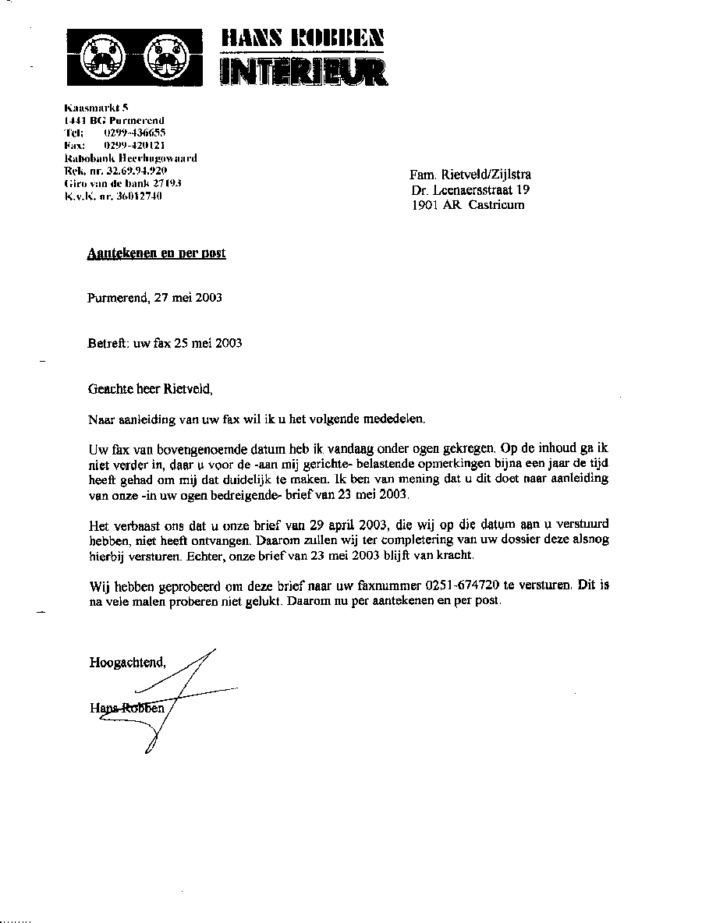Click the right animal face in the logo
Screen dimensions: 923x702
click(x=166, y=58)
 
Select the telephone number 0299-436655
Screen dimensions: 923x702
click(x=134, y=133)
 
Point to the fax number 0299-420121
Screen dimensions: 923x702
click(x=134, y=145)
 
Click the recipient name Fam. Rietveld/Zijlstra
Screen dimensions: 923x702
click(x=470, y=175)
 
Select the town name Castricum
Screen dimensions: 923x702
click(x=496, y=205)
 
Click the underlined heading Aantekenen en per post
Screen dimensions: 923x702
click(x=157, y=253)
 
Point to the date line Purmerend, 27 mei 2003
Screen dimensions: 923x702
click(x=155, y=298)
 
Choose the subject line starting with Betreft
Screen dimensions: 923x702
click(x=165, y=343)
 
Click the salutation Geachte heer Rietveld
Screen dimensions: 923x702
click(x=150, y=388)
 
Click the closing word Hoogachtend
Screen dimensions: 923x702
click(x=127, y=663)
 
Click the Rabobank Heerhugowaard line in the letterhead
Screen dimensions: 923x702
click(x=130, y=157)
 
